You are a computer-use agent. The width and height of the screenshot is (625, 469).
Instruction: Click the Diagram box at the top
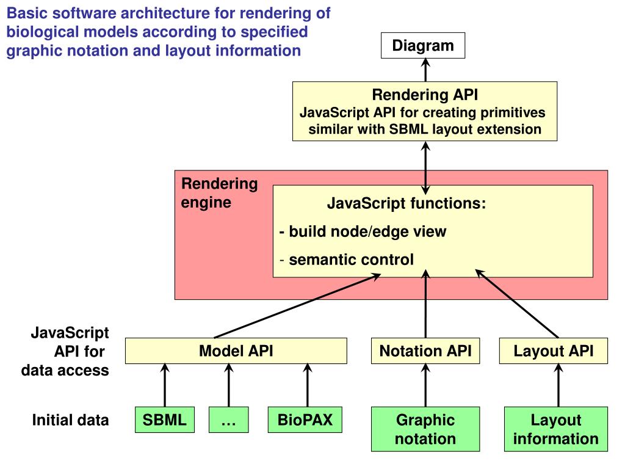click(423, 46)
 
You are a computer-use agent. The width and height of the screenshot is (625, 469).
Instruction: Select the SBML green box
click(164, 420)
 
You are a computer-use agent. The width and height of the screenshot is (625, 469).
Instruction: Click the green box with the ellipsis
click(229, 420)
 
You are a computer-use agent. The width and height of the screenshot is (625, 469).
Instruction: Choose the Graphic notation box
click(425, 429)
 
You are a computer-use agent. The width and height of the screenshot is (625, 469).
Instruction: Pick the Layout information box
click(555, 429)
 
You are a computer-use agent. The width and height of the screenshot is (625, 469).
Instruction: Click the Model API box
click(236, 351)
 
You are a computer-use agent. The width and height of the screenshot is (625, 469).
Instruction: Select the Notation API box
click(425, 351)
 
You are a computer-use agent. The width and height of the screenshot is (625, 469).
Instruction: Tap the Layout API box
click(553, 351)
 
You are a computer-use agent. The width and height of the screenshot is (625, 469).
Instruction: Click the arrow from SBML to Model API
click(164, 385)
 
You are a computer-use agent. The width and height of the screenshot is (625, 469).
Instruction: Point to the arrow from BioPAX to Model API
click(307, 385)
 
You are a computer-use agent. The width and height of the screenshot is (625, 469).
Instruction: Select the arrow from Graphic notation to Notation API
click(425, 385)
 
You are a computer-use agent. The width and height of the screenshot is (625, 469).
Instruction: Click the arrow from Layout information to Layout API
click(558, 385)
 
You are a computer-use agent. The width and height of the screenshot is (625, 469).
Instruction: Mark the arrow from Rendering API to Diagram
click(425, 70)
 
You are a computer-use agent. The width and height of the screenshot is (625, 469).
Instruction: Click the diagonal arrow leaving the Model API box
click(299, 305)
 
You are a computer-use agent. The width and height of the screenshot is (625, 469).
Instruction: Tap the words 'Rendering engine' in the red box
click(219, 193)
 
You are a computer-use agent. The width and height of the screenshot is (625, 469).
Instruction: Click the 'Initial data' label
click(71, 420)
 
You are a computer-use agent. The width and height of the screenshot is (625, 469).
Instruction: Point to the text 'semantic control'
click(351, 260)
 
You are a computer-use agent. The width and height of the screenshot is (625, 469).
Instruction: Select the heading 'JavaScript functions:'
click(406, 203)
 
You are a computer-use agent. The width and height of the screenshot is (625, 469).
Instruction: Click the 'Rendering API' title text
click(425, 95)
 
